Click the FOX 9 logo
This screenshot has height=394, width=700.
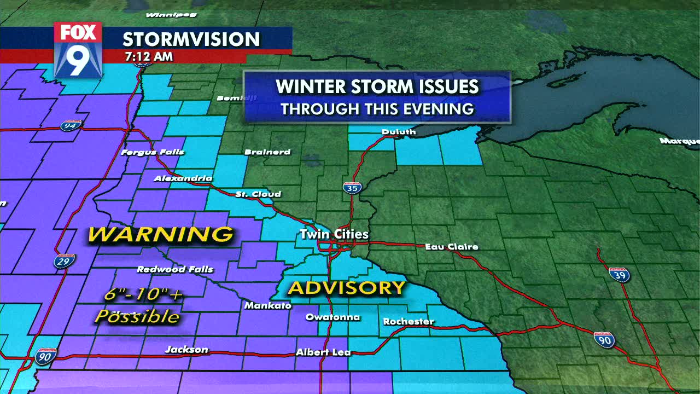coord(78,49)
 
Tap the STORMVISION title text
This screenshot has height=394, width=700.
coord(191,39)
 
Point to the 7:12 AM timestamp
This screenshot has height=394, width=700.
coord(149,56)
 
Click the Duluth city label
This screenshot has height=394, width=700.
coord(398,131)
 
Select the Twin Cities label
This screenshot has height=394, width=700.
coord(334,234)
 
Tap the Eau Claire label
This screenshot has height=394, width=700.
coord(452,247)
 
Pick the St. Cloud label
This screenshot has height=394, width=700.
coord(258,194)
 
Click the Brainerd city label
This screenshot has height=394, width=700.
coord(267,152)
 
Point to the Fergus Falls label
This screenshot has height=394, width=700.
coord(153,152)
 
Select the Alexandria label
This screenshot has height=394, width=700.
coord(183,178)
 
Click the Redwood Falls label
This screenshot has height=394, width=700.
coord(175,269)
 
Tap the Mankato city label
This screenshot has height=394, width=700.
coord(267,305)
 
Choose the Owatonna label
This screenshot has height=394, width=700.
coord(332,317)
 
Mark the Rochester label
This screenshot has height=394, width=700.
coord(409,321)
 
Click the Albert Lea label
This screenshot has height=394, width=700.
coord(323,352)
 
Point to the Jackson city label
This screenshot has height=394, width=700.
coord(186,350)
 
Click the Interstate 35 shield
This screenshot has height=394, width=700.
coord(352,188)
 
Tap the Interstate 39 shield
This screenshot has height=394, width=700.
coord(619,274)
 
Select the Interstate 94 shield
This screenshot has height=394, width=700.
coord(71,125)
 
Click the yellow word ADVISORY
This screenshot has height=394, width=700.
coord(347,287)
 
